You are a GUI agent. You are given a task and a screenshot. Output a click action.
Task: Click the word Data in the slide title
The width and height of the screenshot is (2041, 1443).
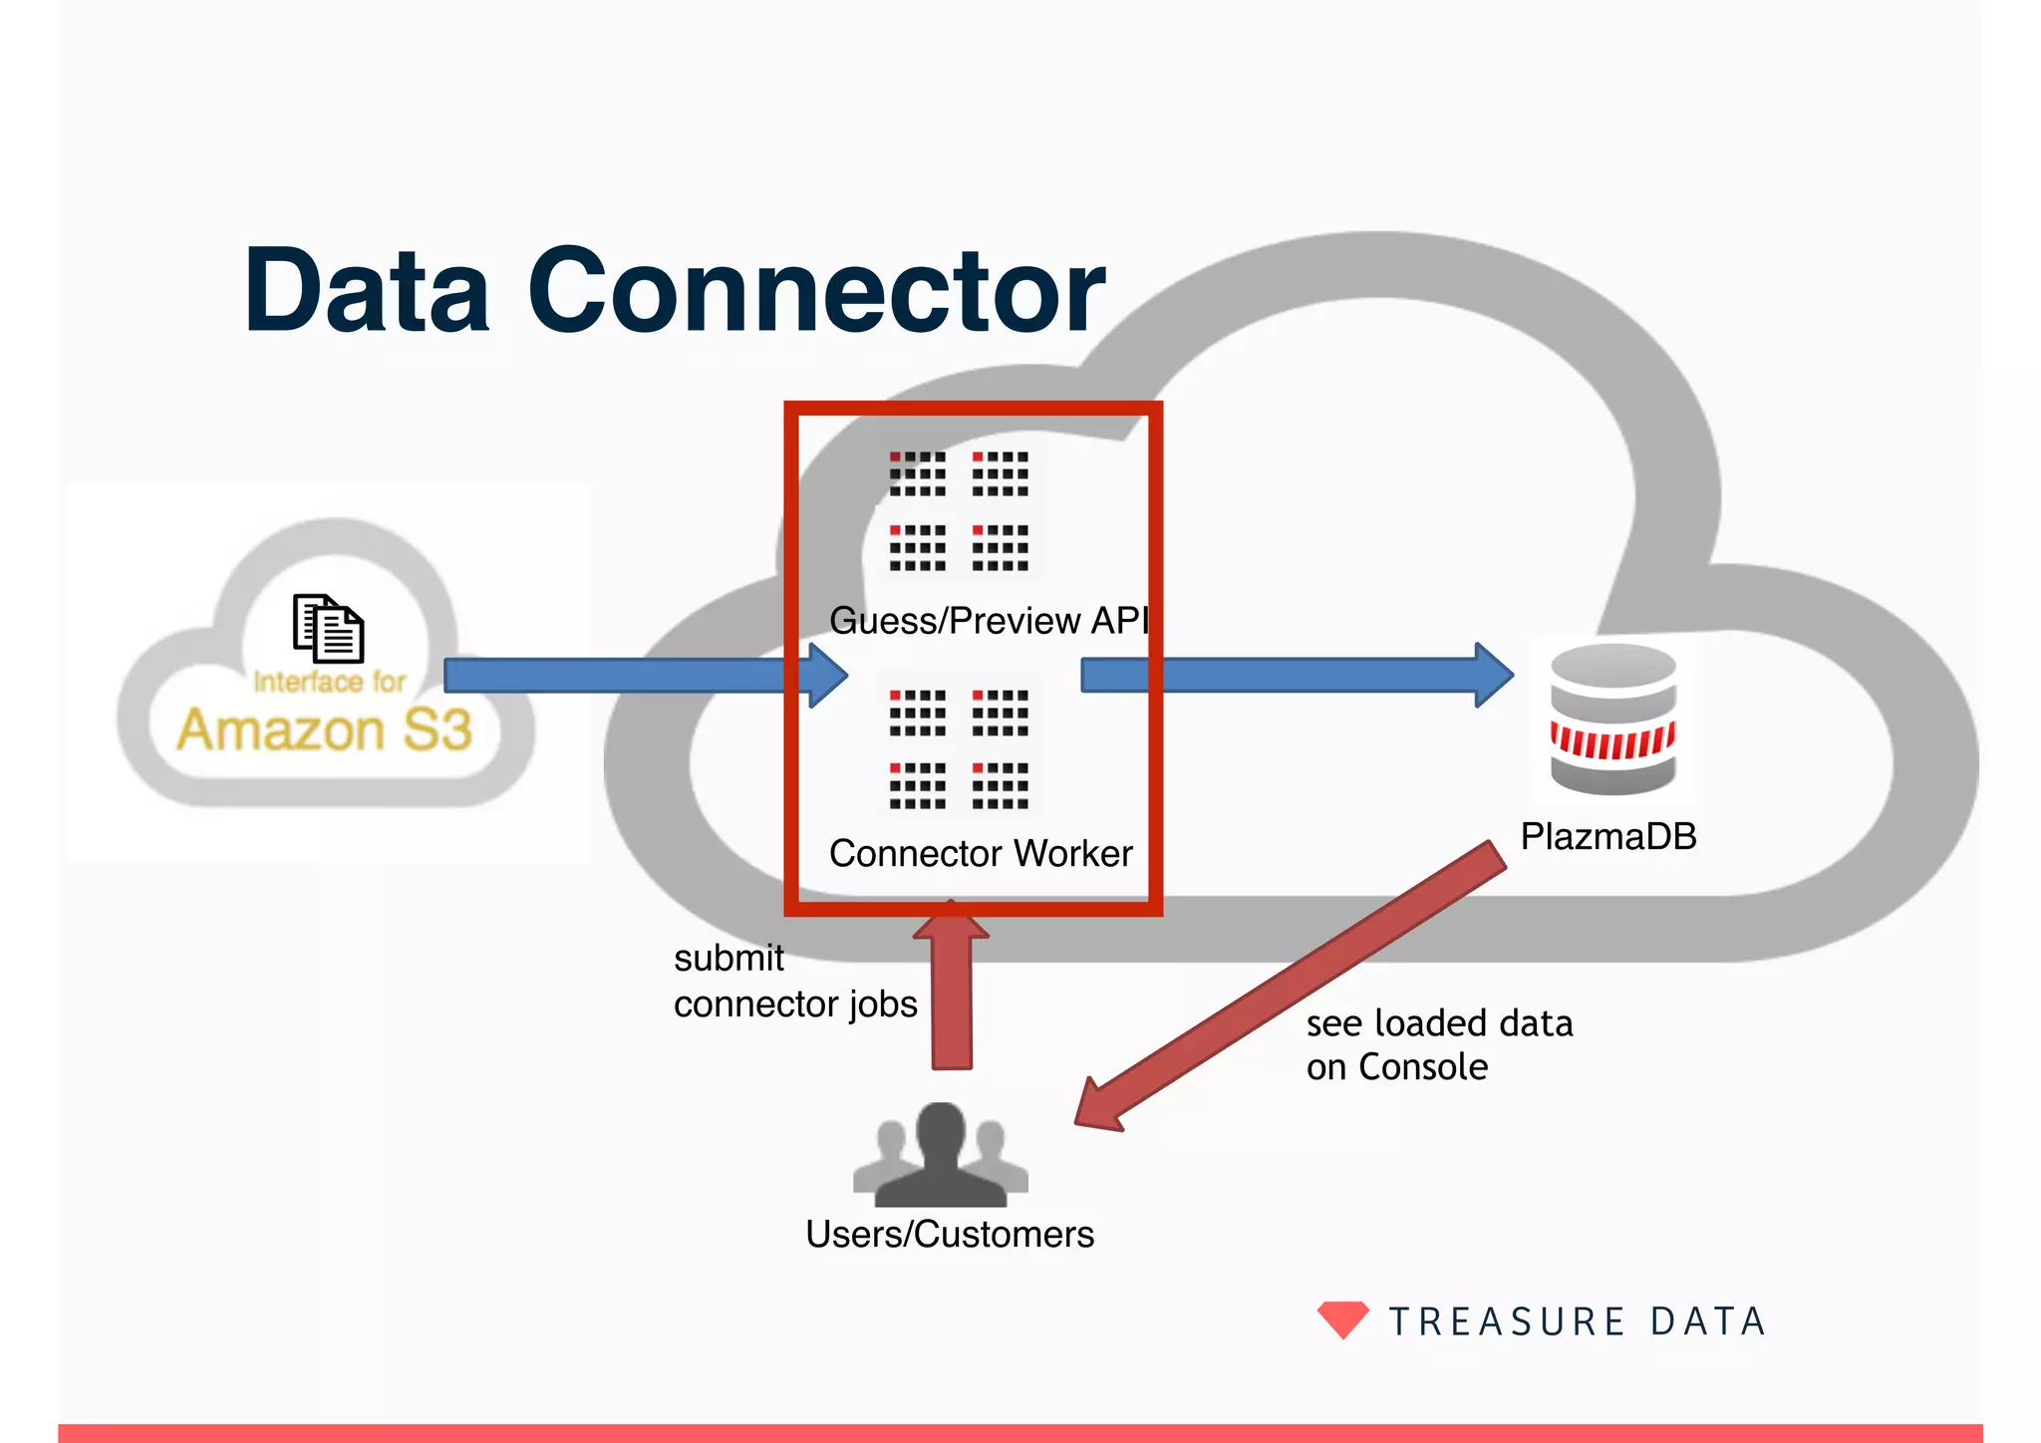(367, 291)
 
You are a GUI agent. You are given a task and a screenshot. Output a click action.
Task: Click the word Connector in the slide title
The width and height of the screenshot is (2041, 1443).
(815, 291)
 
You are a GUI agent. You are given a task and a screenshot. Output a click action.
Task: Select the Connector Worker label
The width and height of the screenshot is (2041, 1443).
(981, 853)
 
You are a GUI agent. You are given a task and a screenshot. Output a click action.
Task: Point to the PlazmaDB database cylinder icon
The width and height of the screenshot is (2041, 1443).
(1612, 720)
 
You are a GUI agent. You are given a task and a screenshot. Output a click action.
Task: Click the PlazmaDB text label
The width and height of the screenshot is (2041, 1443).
(1607, 836)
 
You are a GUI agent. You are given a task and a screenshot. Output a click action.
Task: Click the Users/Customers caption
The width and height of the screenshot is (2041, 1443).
(949, 1234)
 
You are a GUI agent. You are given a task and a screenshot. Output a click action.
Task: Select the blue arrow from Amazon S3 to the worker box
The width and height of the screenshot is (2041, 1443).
(638, 676)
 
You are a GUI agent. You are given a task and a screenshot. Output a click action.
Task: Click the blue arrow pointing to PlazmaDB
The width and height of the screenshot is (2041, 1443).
(1296, 676)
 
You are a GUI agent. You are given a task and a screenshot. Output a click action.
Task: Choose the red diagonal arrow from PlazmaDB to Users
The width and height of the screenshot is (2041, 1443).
(1296, 987)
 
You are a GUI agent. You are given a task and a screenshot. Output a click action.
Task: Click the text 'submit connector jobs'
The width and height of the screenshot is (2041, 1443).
(794, 981)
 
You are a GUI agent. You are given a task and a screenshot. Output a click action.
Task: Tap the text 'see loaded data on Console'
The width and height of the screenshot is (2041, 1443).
(1438, 1044)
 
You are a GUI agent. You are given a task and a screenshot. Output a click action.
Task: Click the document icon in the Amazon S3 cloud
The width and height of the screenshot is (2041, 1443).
(328, 628)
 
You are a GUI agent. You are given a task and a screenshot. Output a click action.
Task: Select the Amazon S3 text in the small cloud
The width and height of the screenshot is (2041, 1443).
(324, 729)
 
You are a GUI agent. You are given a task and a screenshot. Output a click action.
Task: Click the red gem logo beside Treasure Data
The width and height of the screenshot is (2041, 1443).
(1342, 1319)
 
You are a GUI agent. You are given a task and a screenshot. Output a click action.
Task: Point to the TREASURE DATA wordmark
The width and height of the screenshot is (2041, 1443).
(1578, 1321)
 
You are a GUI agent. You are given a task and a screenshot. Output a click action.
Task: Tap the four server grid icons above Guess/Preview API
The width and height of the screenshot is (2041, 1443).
(959, 511)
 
